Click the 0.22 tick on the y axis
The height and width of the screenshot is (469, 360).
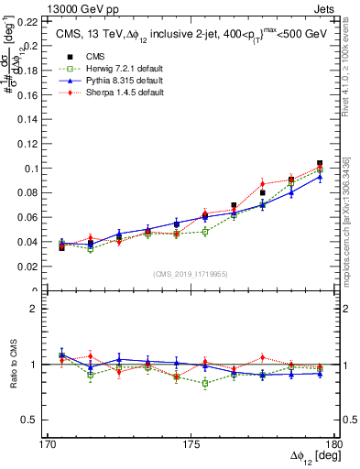27,20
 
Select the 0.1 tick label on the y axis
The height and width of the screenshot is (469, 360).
30,169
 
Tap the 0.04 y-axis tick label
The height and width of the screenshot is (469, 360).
27,242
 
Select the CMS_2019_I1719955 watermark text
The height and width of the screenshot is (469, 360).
191,274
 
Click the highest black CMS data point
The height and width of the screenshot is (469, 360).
320,163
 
